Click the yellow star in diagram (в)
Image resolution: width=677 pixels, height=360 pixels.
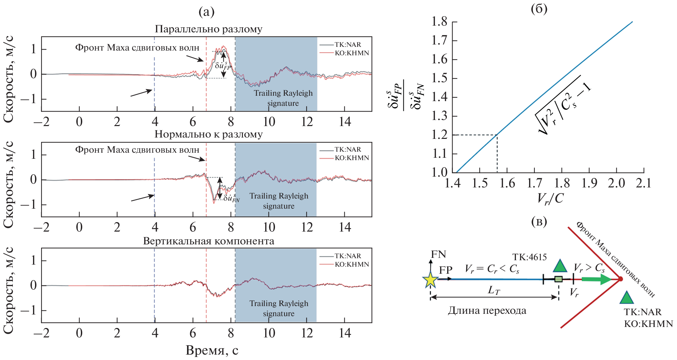tap(430, 279)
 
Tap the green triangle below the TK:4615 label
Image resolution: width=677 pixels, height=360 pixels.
tap(560, 266)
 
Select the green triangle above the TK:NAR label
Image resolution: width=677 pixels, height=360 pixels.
tap(626, 298)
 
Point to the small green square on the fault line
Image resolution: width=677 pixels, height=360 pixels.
tap(558, 279)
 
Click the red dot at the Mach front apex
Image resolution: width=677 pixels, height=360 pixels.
tap(620, 279)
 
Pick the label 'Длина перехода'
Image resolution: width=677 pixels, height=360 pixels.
tap(487, 310)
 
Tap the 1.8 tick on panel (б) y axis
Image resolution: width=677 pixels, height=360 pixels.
tap(439, 22)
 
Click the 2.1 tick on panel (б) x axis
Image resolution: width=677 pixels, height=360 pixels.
tap(643, 183)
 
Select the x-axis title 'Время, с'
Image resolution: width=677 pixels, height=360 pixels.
tap(212, 351)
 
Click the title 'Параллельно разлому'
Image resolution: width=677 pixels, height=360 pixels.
tap(209, 29)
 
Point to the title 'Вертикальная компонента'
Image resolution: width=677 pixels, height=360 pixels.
tap(209, 241)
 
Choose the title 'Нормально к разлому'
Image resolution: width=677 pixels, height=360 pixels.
tap(209, 134)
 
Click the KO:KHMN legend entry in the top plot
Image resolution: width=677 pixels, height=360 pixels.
tap(351, 53)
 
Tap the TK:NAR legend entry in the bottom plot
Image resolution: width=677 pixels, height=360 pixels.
tap(347, 256)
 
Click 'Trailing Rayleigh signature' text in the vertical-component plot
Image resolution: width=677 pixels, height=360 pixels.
tap(279, 308)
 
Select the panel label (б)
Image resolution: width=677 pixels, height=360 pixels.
tap(539, 9)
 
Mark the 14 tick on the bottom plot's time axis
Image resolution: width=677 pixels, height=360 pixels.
tap(345, 333)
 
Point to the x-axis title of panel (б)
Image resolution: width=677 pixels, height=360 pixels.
tap(550, 199)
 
